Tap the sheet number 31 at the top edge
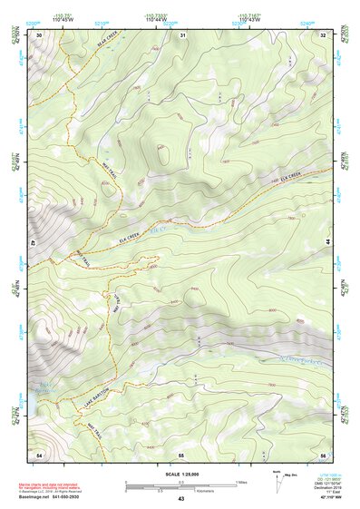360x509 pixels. coord(182,34)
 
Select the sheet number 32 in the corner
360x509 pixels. coord(323,34)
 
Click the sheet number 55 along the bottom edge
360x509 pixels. coord(181,453)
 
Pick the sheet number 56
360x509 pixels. coord(322,453)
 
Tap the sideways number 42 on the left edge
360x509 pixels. coord(31,243)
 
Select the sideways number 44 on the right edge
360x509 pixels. coord(328,243)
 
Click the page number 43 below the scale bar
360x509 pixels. coord(181,499)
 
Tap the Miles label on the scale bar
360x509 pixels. coord(242,480)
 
